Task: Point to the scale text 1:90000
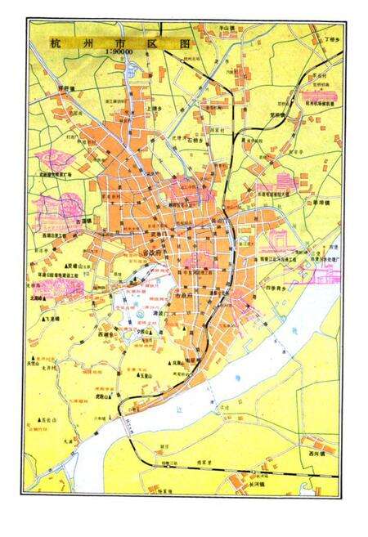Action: pos(119,53)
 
